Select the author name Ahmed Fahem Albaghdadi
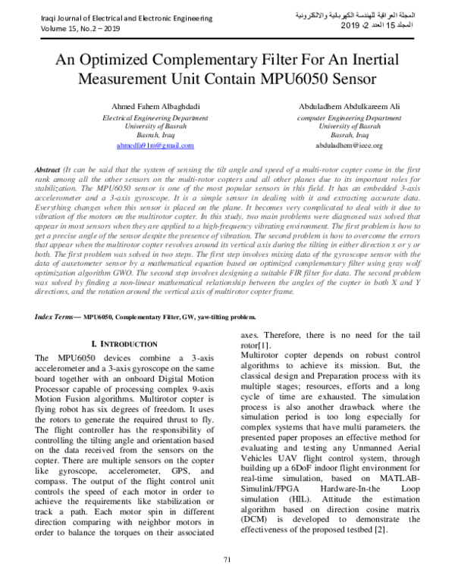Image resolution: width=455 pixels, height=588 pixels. click(x=155, y=107)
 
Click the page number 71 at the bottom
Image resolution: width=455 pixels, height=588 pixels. click(x=227, y=559)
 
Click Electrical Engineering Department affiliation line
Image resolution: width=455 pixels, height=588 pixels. click(x=155, y=119)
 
